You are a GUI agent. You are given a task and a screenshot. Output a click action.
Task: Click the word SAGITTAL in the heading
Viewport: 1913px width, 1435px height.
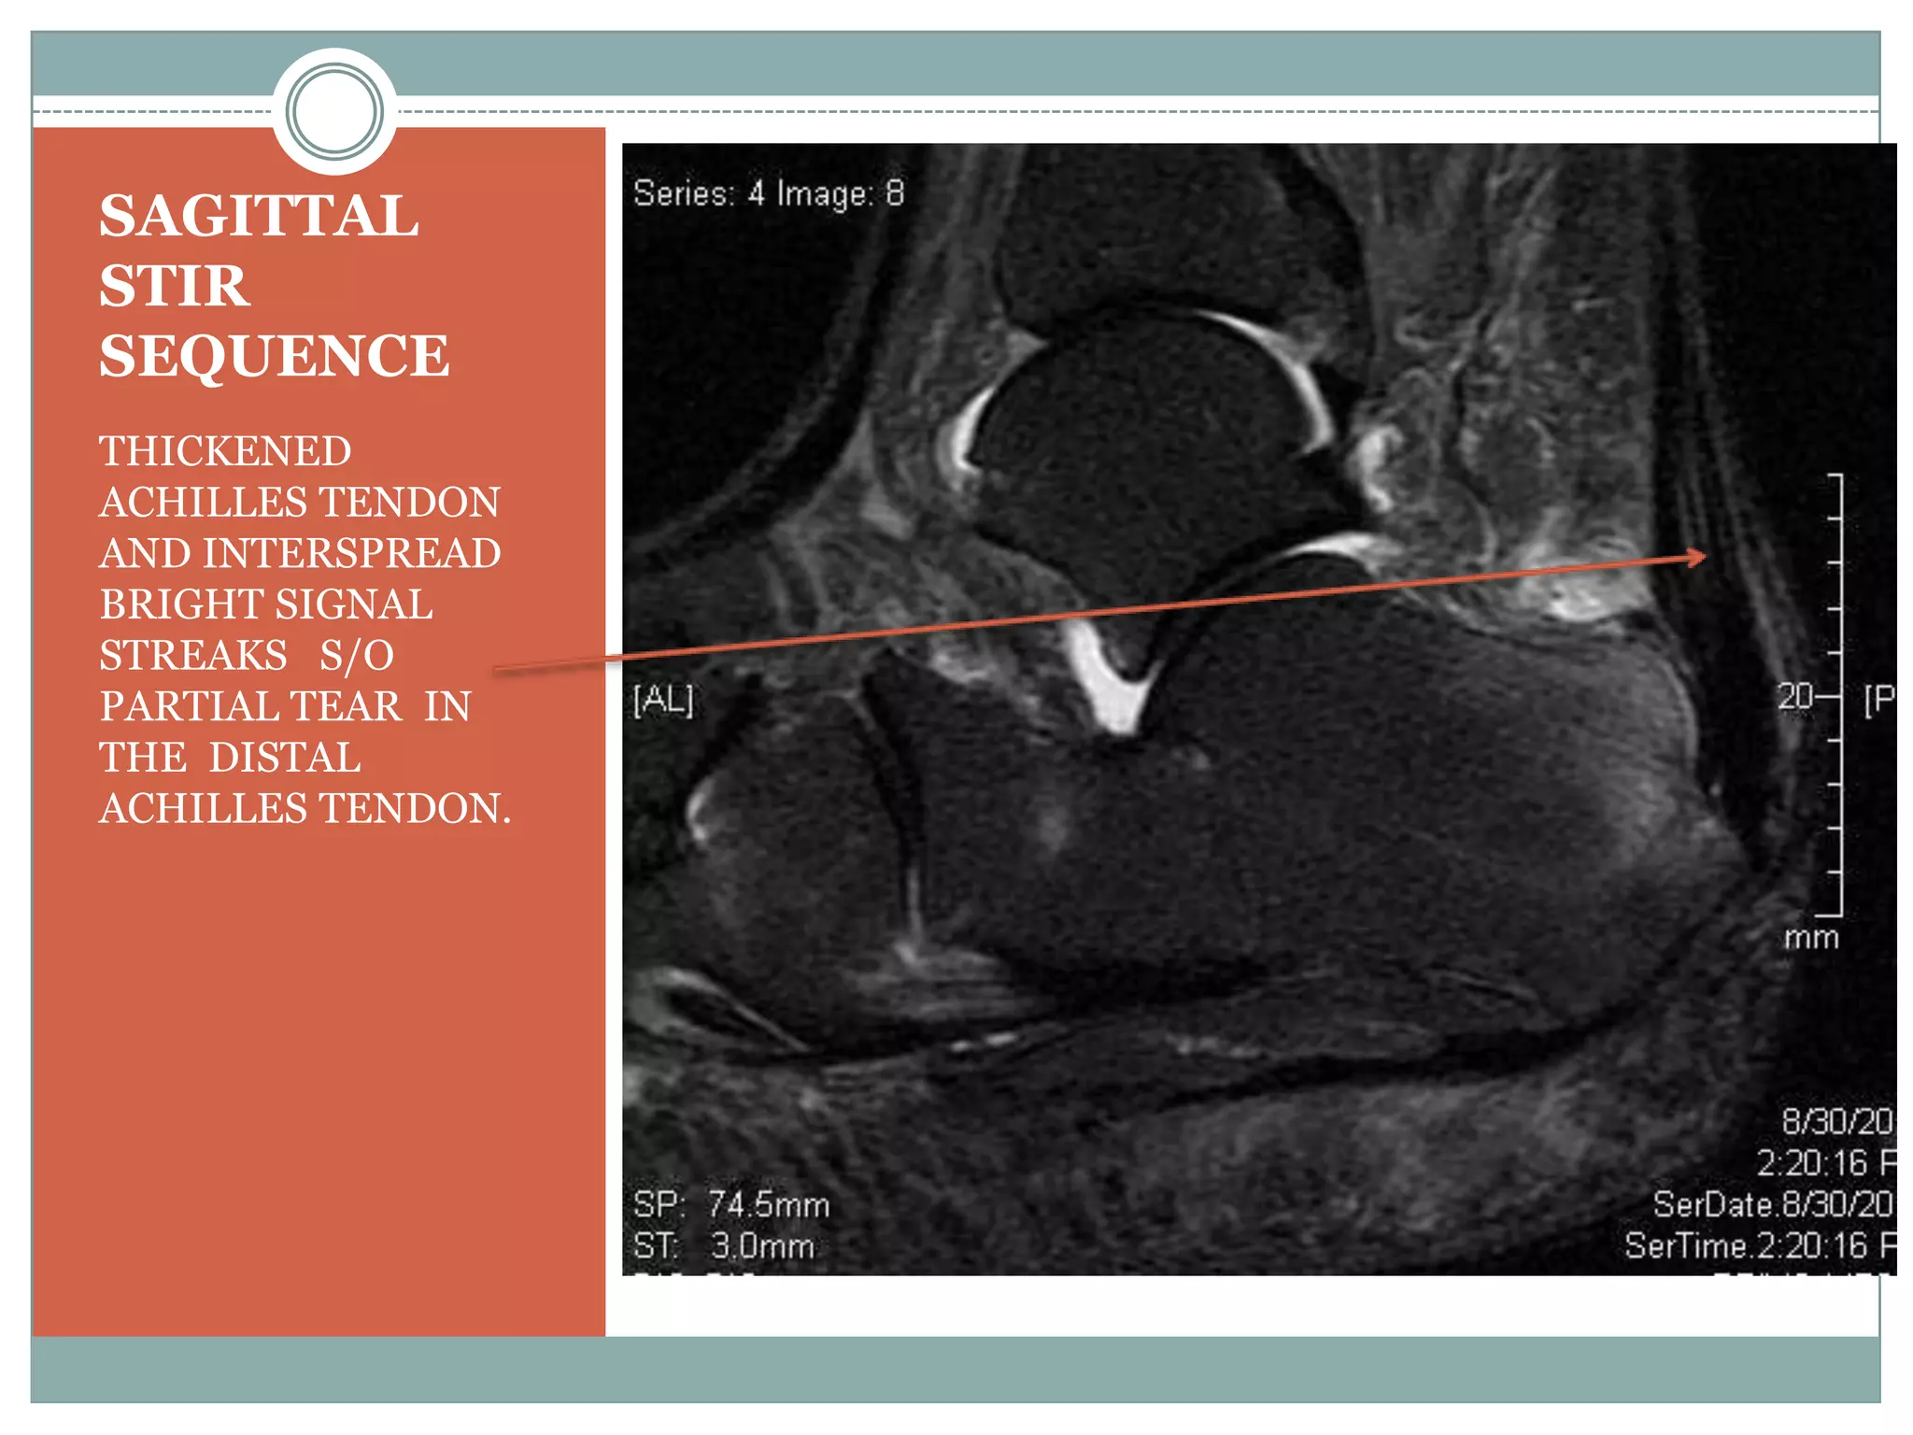click(x=259, y=216)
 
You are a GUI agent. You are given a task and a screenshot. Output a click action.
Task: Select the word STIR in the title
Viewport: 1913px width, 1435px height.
click(x=175, y=286)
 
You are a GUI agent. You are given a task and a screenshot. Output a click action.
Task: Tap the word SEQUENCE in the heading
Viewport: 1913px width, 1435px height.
click(x=274, y=356)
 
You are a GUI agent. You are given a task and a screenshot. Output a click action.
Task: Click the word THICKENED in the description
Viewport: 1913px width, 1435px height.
click(x=225, y=451)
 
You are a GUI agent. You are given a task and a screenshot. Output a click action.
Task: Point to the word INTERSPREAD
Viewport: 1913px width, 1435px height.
click(x=351, y=553)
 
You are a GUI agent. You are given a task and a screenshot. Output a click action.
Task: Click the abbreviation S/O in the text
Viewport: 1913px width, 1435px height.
click(x=357, y=655)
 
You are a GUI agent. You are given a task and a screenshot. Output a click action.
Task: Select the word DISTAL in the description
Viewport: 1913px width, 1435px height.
click(x=285, y=758)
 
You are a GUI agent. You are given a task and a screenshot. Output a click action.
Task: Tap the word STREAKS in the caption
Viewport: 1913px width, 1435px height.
click(x=193, y=655)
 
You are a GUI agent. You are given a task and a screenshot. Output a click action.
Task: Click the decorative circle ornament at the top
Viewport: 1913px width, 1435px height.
click(x=334, y=111)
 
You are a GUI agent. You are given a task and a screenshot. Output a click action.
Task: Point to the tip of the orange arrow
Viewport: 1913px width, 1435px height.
click(x=1706, y=556)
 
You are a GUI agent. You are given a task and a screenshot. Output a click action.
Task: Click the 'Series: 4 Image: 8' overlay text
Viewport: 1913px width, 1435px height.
click(x=768, y=193)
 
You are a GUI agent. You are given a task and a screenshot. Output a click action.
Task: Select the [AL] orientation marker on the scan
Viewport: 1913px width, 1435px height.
click(x=663, y=699)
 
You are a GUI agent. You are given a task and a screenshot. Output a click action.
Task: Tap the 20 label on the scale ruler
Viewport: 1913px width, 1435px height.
click(x=1794, y=696)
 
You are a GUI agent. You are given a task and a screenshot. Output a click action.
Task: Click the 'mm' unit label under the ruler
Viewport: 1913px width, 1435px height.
click(x=1811, y=937)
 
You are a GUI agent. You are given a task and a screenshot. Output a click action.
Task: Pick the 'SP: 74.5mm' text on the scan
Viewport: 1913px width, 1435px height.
click(x=731, y=1204)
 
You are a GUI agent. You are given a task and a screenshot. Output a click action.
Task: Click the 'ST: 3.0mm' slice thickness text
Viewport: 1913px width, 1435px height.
click(x=724, y=1245)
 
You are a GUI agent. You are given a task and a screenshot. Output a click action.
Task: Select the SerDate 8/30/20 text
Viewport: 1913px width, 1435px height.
click(x=1772, y=1204)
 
